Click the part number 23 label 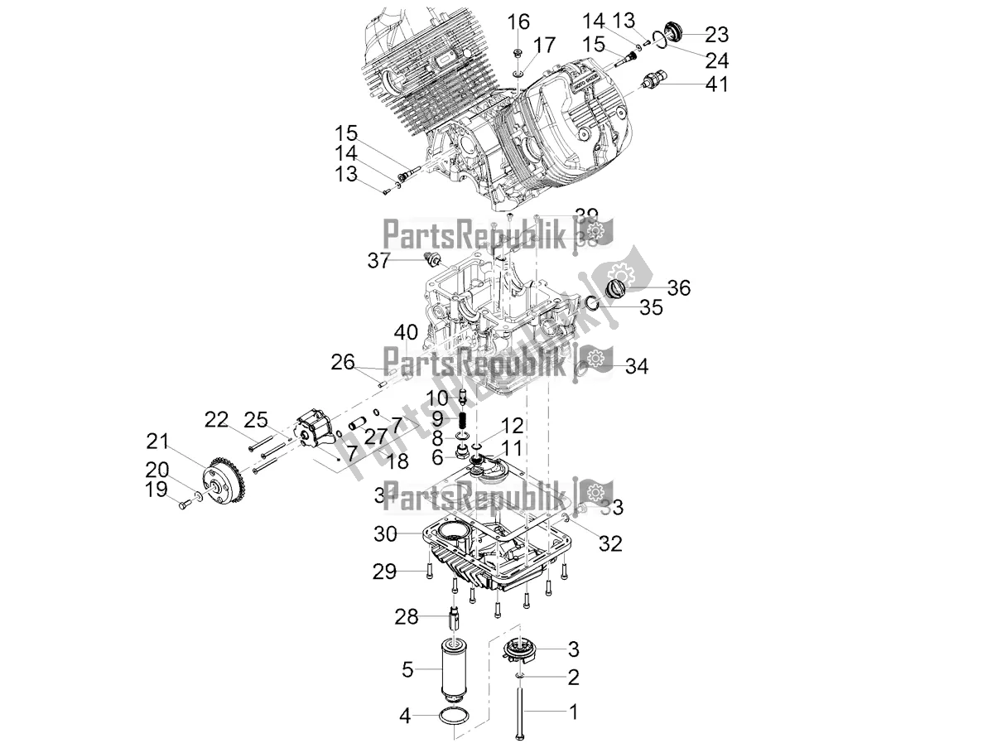[x=716, y=35]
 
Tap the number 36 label [x=678, y=287]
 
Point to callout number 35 [x=651, y=307]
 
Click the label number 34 [x=637, y=366]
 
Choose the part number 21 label [x=157, y=440]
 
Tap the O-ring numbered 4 [x=455, y=716]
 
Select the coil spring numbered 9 [x=464, y=422]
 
